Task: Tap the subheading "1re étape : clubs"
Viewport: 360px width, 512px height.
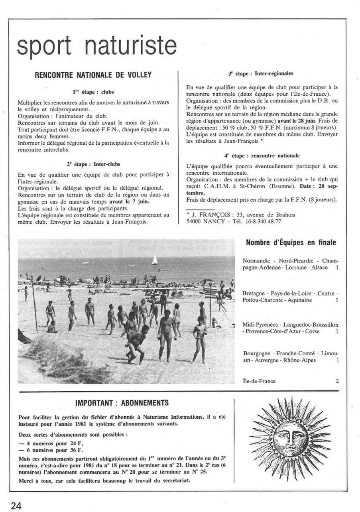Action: pyautogui.click(x=93, y=92)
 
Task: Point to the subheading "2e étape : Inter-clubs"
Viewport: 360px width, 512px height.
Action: pyautogui.click(x=93, y=163)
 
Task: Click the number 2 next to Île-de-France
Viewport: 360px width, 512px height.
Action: pyautogui.click(x=337, y=381)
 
